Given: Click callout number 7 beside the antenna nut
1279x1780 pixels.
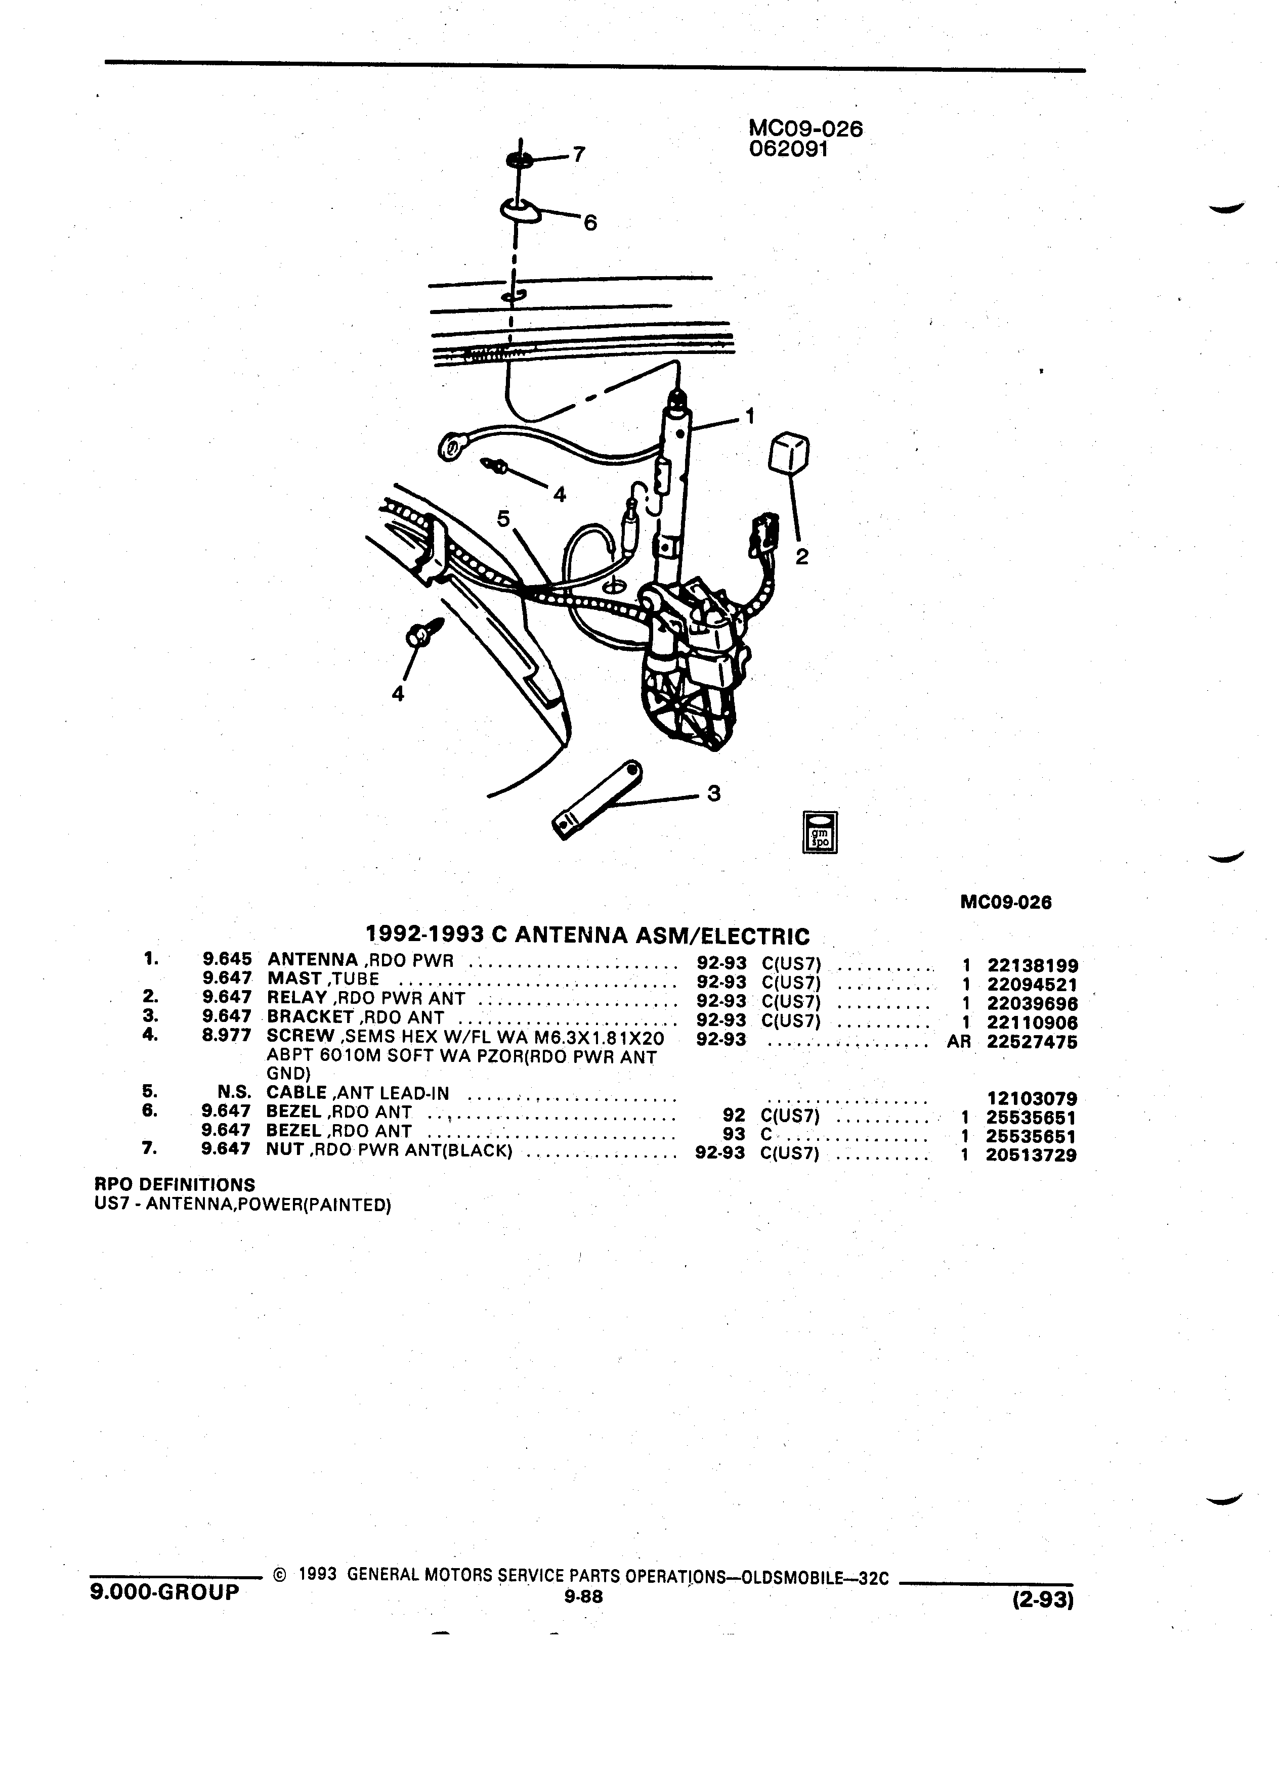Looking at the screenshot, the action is point(579,155).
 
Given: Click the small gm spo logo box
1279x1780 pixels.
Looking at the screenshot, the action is point(819,832).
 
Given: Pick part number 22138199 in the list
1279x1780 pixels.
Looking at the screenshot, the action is point(1032,966).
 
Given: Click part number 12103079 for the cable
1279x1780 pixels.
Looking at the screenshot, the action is point(1032,1099).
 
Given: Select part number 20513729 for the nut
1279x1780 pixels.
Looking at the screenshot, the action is point(1032,1155).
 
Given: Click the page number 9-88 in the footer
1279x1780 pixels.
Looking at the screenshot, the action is point(582,1595).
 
